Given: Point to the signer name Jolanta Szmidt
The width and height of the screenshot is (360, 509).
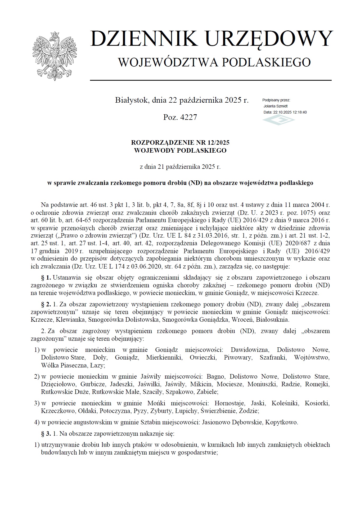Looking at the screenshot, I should (276, 106).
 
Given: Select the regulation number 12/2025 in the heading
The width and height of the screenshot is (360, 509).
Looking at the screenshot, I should (219, 143).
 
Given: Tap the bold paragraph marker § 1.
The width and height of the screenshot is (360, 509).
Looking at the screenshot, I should (46, 278).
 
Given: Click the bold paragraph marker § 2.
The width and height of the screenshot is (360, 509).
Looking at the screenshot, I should (46, 304).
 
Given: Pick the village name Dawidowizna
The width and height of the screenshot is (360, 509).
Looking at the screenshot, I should (250, 350).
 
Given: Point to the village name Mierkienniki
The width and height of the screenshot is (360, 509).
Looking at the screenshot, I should (164, 358).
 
